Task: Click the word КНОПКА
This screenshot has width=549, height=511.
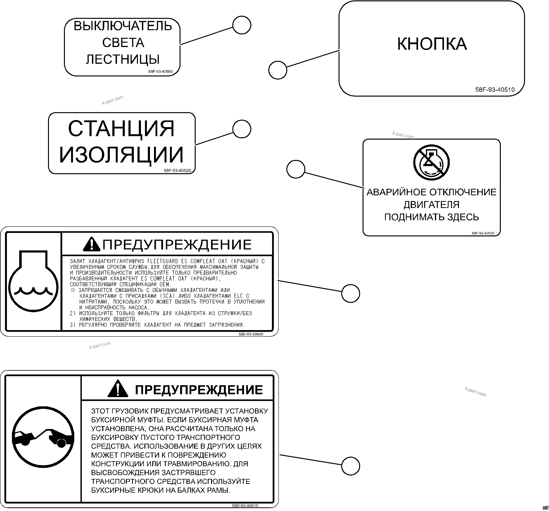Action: (x=432, y=44)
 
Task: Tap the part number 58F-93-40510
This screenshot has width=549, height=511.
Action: (x=495, y=90)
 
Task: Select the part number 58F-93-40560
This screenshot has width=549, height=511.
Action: (x=161, y=72)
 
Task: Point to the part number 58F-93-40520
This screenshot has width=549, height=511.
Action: (x=177, y=171)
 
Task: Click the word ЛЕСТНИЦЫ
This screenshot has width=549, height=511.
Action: (x=123, y=59)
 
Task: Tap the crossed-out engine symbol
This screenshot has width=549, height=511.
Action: (x=431, y=162)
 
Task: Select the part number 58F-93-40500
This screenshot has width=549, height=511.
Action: (x=483, y=233)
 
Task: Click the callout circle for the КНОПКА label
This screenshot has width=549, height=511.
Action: (x=278, y=70)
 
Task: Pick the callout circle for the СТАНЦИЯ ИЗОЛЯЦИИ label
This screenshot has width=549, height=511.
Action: (x=242, y=129)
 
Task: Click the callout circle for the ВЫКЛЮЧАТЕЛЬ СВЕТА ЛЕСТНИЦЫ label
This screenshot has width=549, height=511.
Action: (x=242, y=25)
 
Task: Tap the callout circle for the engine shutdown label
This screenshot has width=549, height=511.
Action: (x=296, y=169)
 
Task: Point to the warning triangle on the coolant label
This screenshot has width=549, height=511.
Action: (x=91, y=244)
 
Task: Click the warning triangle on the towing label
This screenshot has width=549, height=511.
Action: (x=118, y=388)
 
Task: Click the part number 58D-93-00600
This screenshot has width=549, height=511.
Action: (x=251, y=334)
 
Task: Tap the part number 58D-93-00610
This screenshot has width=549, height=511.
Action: (x=245, y=506)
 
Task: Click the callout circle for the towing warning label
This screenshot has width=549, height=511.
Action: (x=350, y=466)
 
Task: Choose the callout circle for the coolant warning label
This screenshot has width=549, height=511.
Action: (x=350, y=293)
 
